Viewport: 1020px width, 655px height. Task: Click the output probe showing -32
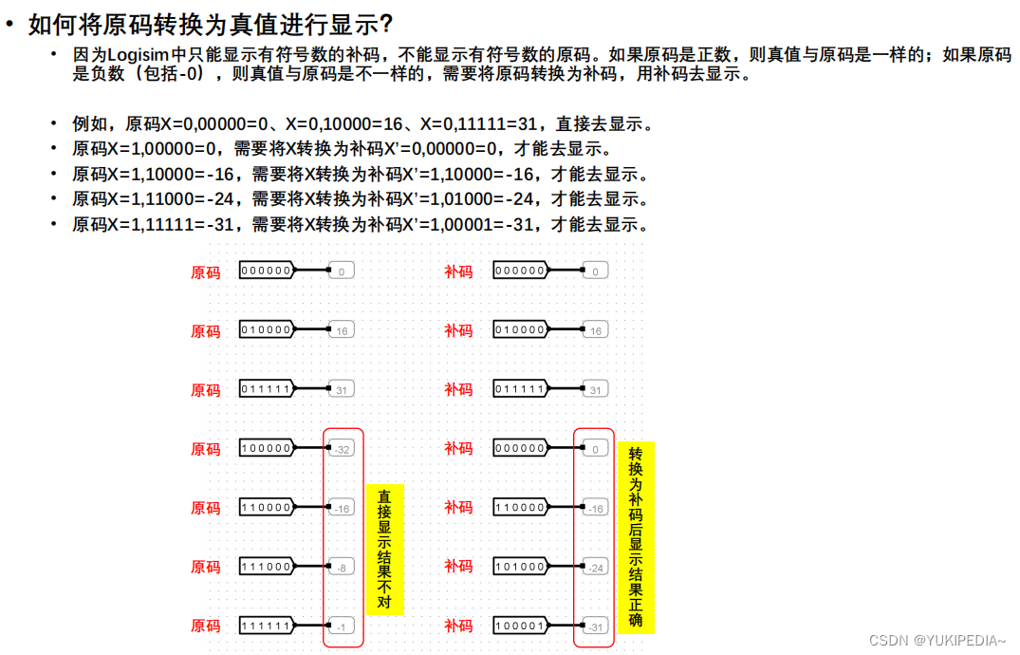343,449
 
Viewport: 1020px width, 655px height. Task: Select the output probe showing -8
343,568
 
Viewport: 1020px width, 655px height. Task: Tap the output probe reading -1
343,627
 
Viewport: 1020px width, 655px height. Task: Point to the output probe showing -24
595,568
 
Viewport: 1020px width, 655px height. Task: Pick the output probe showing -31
595,627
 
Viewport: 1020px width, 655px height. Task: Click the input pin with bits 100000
267,449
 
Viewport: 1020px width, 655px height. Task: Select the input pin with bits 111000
267,568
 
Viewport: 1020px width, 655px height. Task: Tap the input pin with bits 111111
267,627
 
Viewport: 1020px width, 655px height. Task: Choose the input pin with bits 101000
520,568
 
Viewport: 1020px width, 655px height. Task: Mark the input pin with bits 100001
520,627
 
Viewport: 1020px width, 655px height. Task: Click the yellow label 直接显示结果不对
384,550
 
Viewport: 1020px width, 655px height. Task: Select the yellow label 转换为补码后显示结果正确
636,537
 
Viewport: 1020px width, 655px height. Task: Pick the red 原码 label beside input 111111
206,627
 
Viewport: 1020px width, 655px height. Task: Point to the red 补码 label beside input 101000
458,568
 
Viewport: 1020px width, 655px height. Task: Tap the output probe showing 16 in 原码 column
343,330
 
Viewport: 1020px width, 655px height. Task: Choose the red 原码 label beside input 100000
206,449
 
